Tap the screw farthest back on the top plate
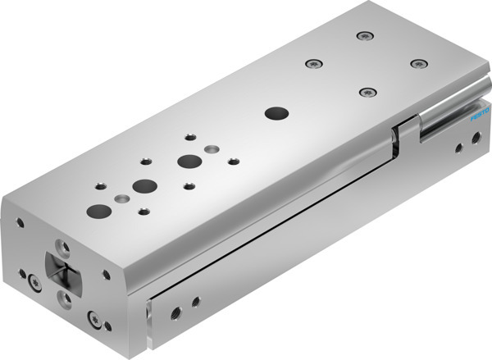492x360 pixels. point(363,36)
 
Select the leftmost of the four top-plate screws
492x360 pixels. point(311,63)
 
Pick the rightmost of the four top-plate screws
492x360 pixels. point(419,63)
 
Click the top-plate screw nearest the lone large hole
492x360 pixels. point(366,92)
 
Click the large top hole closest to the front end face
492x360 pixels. point(99,211)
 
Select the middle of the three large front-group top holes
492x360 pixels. point(145,185)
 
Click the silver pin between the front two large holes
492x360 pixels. point(123,199)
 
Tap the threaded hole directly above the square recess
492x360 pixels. point(61,245)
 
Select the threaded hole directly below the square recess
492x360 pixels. point(65,297)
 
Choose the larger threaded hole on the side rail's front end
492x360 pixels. point(175,312)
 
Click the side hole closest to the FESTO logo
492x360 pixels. point(476,139)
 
